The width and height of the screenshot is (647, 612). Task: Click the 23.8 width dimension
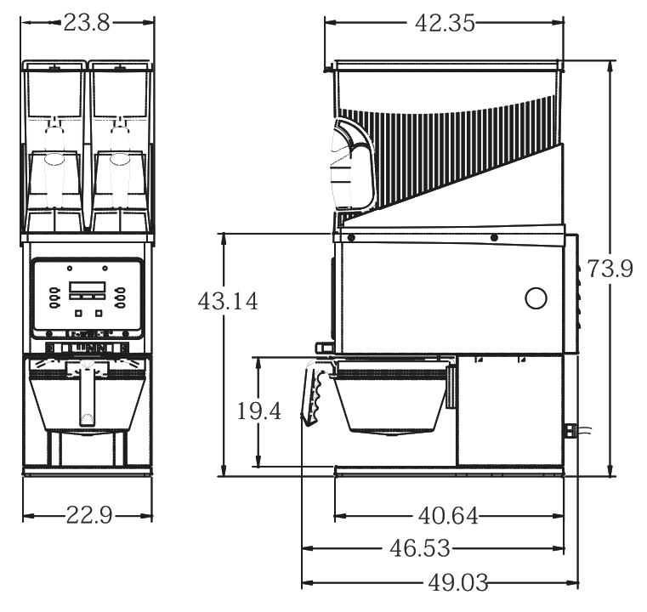(87, 23)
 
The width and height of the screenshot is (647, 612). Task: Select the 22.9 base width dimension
(89, 515)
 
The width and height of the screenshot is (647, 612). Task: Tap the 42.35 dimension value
(445, 23)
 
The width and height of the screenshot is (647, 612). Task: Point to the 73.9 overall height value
(610, 269)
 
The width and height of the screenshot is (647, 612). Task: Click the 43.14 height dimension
(228, 301)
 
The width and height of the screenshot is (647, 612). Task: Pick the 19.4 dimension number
(259, 411)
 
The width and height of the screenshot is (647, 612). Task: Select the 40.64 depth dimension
(448, 515)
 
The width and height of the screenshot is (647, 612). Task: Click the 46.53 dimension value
(420, 548)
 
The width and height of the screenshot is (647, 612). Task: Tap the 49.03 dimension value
(458, 583)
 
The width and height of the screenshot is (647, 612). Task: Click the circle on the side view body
(536, 297)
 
